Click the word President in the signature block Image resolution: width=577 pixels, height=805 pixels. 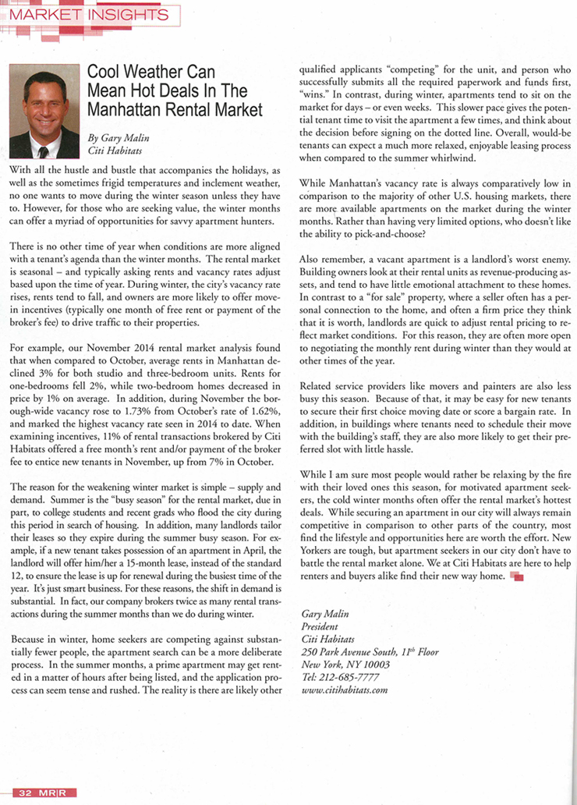click(320, 626)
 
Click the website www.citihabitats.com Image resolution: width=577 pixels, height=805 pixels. click(345, 690)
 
